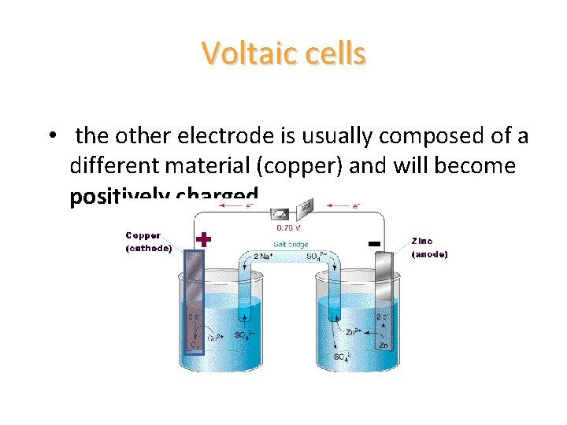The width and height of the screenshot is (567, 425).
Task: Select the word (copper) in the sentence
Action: coord(315,166)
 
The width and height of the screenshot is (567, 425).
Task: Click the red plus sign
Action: coord(203,240)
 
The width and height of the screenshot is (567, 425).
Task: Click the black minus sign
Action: coord(375,243)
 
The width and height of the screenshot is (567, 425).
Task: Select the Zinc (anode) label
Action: coord(429,247)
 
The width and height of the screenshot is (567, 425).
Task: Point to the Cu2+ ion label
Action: coord(215,338)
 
